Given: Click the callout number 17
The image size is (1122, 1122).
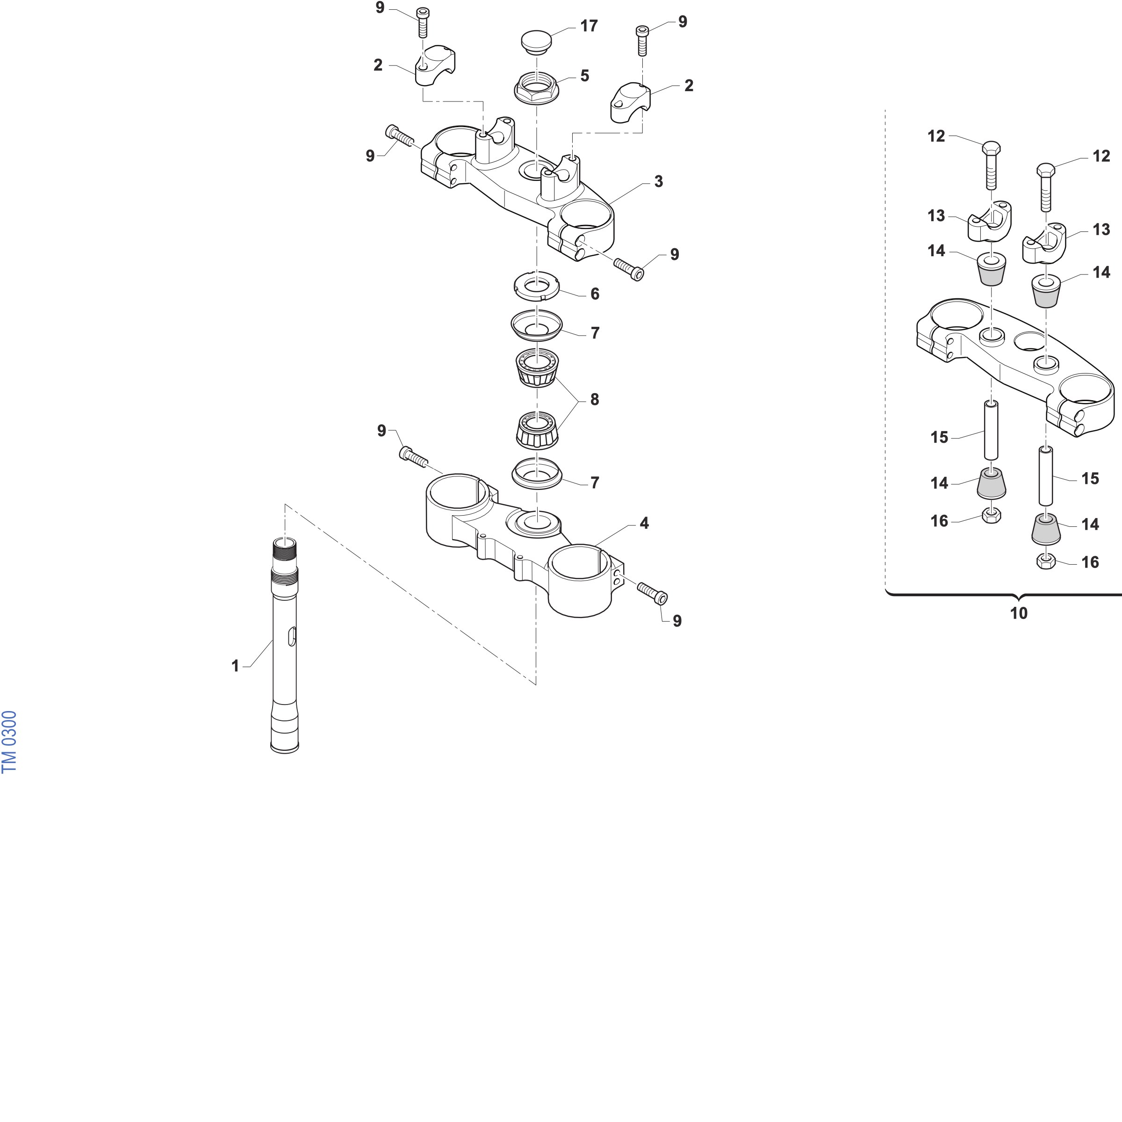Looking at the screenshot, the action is [589, 26].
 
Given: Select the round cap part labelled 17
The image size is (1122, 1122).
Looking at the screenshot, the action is [536, 43].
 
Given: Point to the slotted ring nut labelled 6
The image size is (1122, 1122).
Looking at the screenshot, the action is [537, 286].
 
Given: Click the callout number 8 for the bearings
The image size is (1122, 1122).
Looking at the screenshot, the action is [594, 400].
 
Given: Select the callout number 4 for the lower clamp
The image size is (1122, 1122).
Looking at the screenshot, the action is [644, 523].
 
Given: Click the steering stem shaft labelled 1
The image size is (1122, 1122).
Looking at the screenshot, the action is [285, 645].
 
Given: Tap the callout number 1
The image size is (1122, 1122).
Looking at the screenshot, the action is [235, 666].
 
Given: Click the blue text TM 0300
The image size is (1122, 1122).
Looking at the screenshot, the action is [10, 741].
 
